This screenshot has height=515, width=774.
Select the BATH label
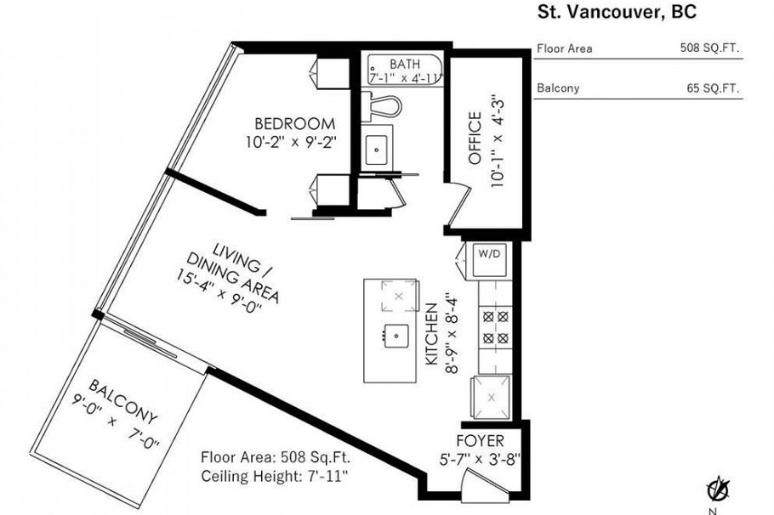[x=405, y=64]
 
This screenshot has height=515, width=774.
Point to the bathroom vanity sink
[x=376, y=150]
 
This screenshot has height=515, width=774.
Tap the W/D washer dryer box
[x=488, y=253]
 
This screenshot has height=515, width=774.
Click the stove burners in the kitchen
[x=495, y=327]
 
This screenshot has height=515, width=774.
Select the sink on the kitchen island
[x=394, y=333]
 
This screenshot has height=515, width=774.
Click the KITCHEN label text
[x=431, y=334]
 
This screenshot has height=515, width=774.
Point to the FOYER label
[x=480, y=441]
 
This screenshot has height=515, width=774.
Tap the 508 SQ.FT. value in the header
[x=709, y=48]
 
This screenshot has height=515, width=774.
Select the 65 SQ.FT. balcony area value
[x=713, y=88]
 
